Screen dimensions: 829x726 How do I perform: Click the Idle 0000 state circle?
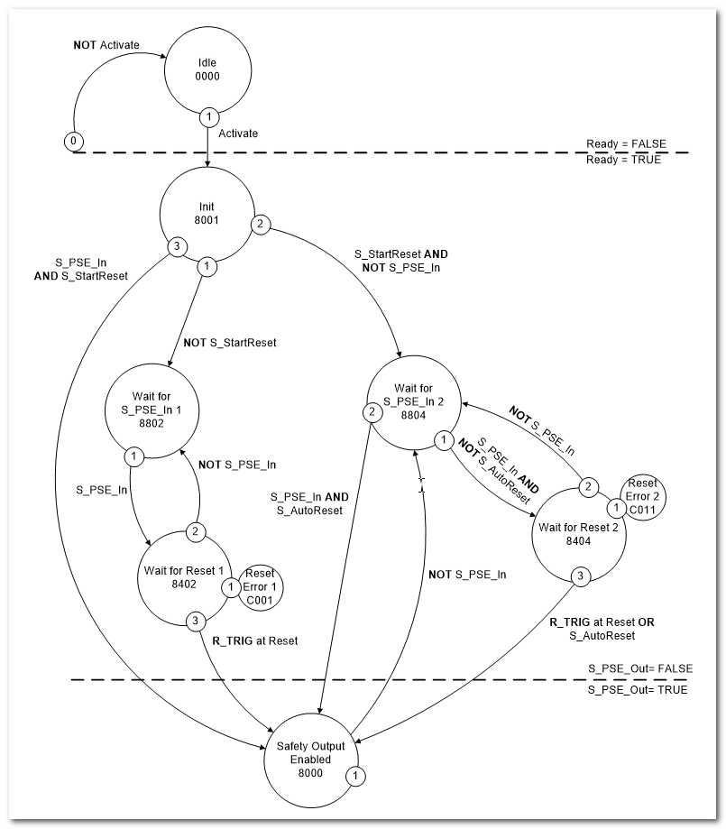pyautogui.click(x=208, y=69)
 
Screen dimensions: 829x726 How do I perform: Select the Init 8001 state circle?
pyautogui.click(x=208, y=213)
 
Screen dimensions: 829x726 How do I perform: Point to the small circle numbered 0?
pyautogui.click(x=74, y=141)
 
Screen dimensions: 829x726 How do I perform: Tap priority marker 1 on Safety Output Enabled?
pyautogui.click(x=356, y=775)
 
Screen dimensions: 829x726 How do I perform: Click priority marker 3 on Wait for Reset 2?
pyautogui.click(x=582, y=576)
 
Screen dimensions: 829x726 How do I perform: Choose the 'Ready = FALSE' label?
pyautogui.click(x=623, y=143)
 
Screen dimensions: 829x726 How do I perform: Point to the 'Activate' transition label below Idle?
pyautogui.click(x=238, y=134)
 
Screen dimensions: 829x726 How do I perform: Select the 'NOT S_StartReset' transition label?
pyautogui.click(x=229, y=342)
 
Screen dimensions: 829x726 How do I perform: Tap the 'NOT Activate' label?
pyautogui.click(x=106, y=43)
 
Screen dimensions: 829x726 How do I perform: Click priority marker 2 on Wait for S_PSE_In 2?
pyautogui.click(x=370, y=414)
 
